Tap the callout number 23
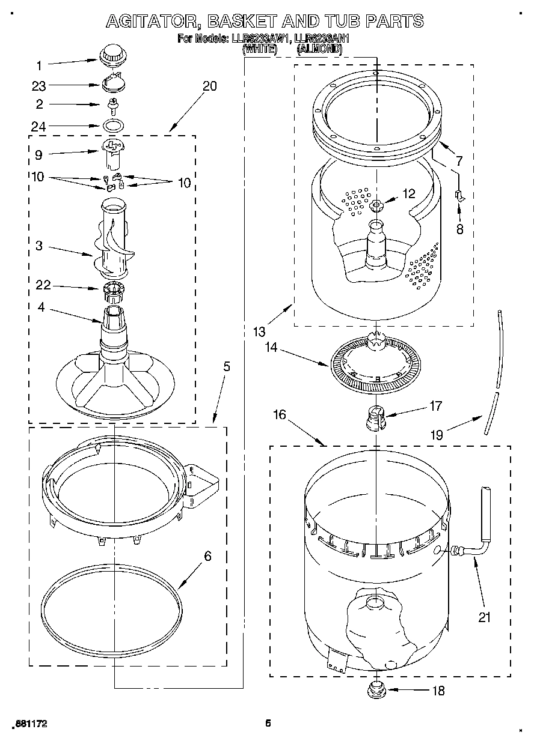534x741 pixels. click(x=39, y=86)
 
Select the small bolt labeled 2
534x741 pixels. click(x=111, y=106)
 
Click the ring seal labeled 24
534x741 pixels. click(x=112, y=126)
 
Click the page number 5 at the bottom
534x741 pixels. click(x=268, y=723)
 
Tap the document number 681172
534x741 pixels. click(x=29, y=724)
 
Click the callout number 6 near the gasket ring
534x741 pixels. click(x=207, y=557)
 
